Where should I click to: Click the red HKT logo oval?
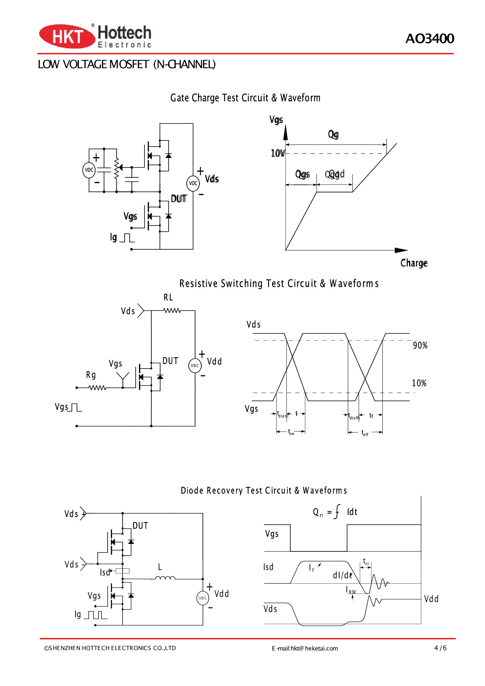67,36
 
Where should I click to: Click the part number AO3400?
429,39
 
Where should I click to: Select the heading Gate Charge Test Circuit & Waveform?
245,98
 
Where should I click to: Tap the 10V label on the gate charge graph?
278,153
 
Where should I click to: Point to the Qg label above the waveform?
333,134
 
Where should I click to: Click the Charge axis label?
414,263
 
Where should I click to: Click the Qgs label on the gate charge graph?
302,174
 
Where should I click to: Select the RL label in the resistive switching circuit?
168,297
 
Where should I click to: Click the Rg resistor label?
91,375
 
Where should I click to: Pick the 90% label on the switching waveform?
420,345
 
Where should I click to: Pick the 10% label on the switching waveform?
419,383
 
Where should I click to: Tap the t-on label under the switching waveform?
291,432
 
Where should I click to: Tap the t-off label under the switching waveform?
365,433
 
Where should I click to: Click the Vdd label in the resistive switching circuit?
214,361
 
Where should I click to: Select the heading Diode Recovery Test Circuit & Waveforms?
264,490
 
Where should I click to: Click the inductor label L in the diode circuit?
160,567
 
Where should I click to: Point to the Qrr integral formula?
335,512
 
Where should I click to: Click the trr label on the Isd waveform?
366,562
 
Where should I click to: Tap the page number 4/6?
440,648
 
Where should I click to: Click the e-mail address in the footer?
305,649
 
